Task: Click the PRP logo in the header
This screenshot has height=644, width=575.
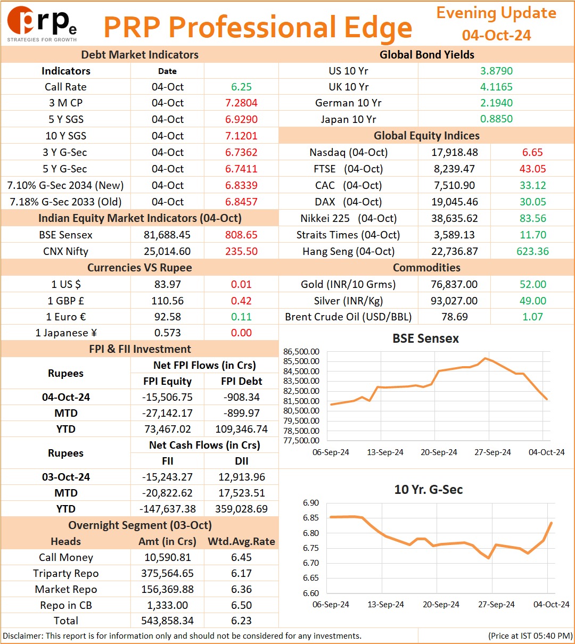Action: [x=42, y=24]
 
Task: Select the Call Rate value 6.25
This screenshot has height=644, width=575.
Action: [x=241, y=87]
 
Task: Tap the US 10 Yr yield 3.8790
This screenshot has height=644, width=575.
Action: [x=496, y=71]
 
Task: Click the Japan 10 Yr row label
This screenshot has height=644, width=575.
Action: [x=348, y=119]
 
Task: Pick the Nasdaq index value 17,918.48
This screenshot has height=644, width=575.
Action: [x=455, y=152]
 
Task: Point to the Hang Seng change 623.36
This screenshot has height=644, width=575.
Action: [x=532, y=251]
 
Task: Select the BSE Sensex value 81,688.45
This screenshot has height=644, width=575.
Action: [x=167, y=235]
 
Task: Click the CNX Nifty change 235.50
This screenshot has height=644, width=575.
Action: [x=241, y=251]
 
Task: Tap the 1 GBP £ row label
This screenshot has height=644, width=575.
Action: [x=66, y=300]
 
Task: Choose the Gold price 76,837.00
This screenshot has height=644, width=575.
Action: [x=454, y=284]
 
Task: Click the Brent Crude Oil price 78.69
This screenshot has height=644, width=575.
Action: [x=455, y=317]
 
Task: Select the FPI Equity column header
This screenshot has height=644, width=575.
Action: [x=167, y=381]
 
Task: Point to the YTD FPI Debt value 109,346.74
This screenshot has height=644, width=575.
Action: [x=241, y=429]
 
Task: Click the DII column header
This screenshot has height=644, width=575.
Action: [x=241, y=461]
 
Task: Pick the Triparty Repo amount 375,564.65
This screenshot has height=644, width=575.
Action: [x=167, y=573]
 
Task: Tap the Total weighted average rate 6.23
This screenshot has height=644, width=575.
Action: [x=241, y=621]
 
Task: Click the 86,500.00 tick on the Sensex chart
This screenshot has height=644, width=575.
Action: [x=301, y=352]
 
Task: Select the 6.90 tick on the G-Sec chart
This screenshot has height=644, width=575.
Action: [x=311, y=502]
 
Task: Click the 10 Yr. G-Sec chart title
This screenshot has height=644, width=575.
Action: [x=429, y=490]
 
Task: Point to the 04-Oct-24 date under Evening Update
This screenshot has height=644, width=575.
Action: [x=496, y=35]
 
